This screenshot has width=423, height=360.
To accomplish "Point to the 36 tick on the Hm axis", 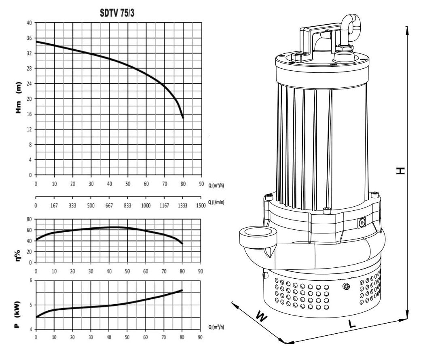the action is point(29,38).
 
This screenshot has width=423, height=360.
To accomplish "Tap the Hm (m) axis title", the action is point(18,97).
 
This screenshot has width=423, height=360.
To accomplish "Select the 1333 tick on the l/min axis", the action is point(182,205).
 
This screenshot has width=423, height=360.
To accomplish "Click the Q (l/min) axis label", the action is point(216,202).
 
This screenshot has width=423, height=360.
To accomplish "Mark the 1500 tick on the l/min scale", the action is point(201,205).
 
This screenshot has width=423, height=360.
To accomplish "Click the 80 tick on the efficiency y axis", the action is point(29,219).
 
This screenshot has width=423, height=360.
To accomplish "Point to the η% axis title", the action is point(17,256).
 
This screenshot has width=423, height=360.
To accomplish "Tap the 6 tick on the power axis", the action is point(31,280).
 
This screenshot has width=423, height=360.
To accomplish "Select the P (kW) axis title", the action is point(17,314).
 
